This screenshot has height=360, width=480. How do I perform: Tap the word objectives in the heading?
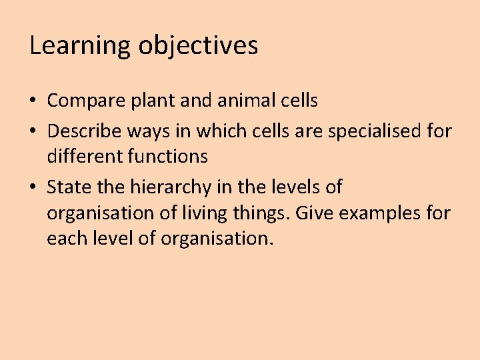[198, 45]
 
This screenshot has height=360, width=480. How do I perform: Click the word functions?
[170, 157]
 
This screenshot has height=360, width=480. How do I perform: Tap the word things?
[259, 214]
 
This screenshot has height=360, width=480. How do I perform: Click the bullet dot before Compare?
[33, 101]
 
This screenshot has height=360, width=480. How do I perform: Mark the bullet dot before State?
[33, 187]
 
